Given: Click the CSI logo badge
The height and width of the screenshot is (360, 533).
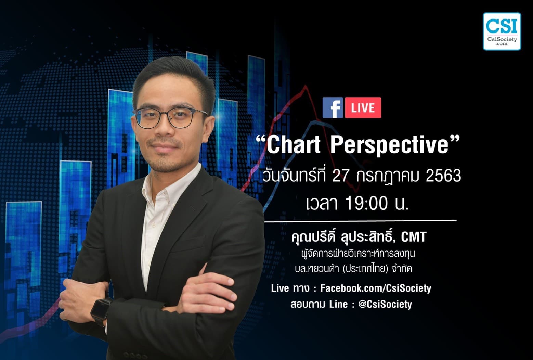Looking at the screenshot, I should (502, 31).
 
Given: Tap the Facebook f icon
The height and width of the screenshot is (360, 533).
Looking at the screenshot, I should (333, 108).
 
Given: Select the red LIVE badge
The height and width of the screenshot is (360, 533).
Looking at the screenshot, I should (363, 108).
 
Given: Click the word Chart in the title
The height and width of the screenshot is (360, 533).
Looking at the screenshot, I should (294, 145).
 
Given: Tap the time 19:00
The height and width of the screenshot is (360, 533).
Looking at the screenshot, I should (366, 204).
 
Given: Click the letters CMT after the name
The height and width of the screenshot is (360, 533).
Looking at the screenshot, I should (414, 237).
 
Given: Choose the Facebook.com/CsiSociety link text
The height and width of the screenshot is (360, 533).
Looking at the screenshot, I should (375, 288).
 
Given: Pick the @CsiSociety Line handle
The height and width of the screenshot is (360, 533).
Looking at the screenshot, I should (385, 304).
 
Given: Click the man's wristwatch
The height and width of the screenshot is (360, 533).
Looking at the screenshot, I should (101, 310).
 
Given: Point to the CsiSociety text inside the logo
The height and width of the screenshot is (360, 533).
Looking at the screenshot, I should (502, 39).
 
